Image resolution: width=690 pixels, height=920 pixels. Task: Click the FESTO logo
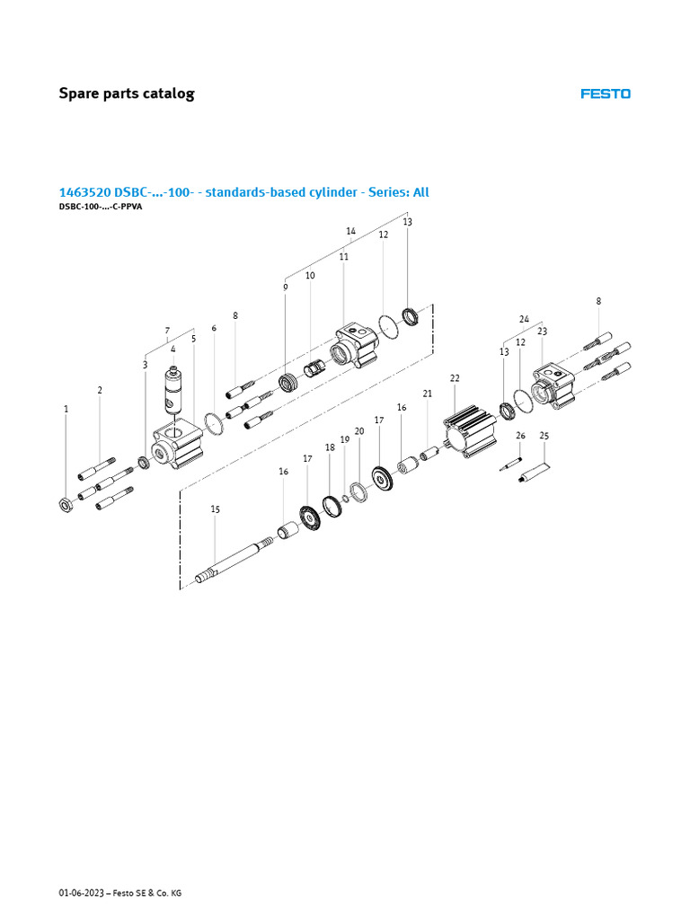point(605,93)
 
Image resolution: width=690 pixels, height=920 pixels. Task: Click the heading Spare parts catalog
point(126,93)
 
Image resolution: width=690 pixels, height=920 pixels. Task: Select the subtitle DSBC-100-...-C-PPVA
point(101,207)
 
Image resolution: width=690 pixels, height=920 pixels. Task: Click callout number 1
point(66,409)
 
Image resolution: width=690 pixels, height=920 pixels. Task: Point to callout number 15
point(215,509)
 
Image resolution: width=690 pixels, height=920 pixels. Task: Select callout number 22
point(455,378)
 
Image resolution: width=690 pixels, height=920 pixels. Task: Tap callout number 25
point(544,436)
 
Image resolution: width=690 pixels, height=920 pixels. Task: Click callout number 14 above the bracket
point(351,231)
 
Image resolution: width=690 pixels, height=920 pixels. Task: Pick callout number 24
point(524,319)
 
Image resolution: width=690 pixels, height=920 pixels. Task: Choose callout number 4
point(172,349)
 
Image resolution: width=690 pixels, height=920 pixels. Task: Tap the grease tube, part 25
point(535,473)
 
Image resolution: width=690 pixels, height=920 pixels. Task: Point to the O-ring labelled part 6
point(214,422)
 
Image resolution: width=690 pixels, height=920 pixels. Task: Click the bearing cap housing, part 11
point(351,346)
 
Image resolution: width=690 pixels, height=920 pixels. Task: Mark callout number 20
point(359,431)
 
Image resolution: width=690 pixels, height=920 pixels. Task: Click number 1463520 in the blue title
point(84,192)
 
